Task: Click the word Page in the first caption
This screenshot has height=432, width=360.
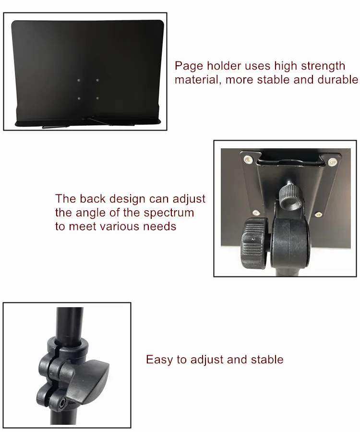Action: pos(189,66)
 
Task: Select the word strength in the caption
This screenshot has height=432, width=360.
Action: pos(323,66)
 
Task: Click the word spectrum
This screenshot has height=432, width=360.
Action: pos(168,213)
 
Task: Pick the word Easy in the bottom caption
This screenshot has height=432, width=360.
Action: pos(159,360)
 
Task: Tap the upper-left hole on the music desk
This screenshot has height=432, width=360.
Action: pos(79,81)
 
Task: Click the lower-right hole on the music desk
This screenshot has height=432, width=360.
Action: pos(97,98)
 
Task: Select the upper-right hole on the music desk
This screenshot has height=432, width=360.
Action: pos(97,81)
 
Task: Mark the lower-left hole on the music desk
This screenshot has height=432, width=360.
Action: pos(79,98)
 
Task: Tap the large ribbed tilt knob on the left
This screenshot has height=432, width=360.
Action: pos(254,243)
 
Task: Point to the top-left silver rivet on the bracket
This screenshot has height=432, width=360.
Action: pos(248,159)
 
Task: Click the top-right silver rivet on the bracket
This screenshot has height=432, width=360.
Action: pos(332,162)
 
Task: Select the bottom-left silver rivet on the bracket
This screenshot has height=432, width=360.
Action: pos(256,213)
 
